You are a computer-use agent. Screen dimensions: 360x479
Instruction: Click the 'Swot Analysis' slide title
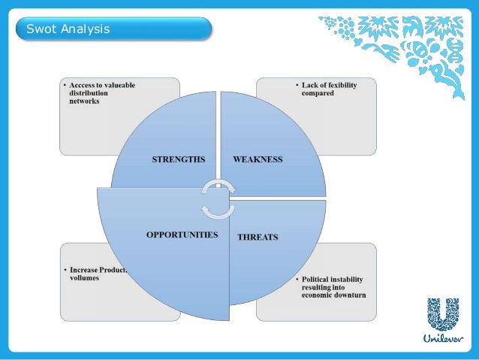click(x=68, y=29)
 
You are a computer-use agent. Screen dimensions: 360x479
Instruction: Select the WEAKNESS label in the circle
click(x=258, y=159)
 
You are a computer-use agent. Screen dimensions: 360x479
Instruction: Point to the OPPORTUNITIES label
click(x=182, y=234)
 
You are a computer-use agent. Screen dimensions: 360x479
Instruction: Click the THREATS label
click(x=258, y=237)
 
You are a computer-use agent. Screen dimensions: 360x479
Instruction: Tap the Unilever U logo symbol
click(x=442, y=313)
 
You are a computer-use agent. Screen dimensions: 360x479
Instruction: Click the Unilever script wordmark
click(x=443, y=339)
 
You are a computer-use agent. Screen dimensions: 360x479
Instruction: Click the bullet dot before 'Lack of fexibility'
click(x=296, y=86)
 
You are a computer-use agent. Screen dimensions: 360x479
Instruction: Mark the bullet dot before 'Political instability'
click(x=296, y=279)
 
